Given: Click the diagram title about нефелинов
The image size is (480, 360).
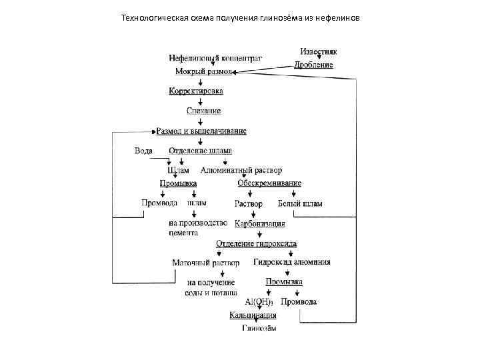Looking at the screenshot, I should [239, 17].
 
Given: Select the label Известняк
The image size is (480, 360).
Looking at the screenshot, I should [318, 51].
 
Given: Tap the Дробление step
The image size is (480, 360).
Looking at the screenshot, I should [314, 65].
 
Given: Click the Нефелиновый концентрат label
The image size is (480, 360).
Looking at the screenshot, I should [215, 58].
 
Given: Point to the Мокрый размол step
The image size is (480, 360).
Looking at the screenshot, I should [203, 71].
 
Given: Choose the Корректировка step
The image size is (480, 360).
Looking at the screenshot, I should [196, 91].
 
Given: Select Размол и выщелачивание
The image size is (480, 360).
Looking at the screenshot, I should [201, 131].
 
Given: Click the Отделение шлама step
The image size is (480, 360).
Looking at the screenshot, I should [200, 151].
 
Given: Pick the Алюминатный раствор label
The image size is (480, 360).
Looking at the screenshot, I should [241, 170].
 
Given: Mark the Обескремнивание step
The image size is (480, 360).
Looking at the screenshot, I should [269, 183].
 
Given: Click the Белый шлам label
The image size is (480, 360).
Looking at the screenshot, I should [300, 203].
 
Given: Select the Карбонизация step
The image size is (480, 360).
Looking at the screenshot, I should [260, 223].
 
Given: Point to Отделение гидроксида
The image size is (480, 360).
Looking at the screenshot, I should [257, 244].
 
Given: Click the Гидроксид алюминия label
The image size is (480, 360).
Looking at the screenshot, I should [292, 262].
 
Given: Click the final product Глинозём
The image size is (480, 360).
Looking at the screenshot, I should [259, 328].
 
